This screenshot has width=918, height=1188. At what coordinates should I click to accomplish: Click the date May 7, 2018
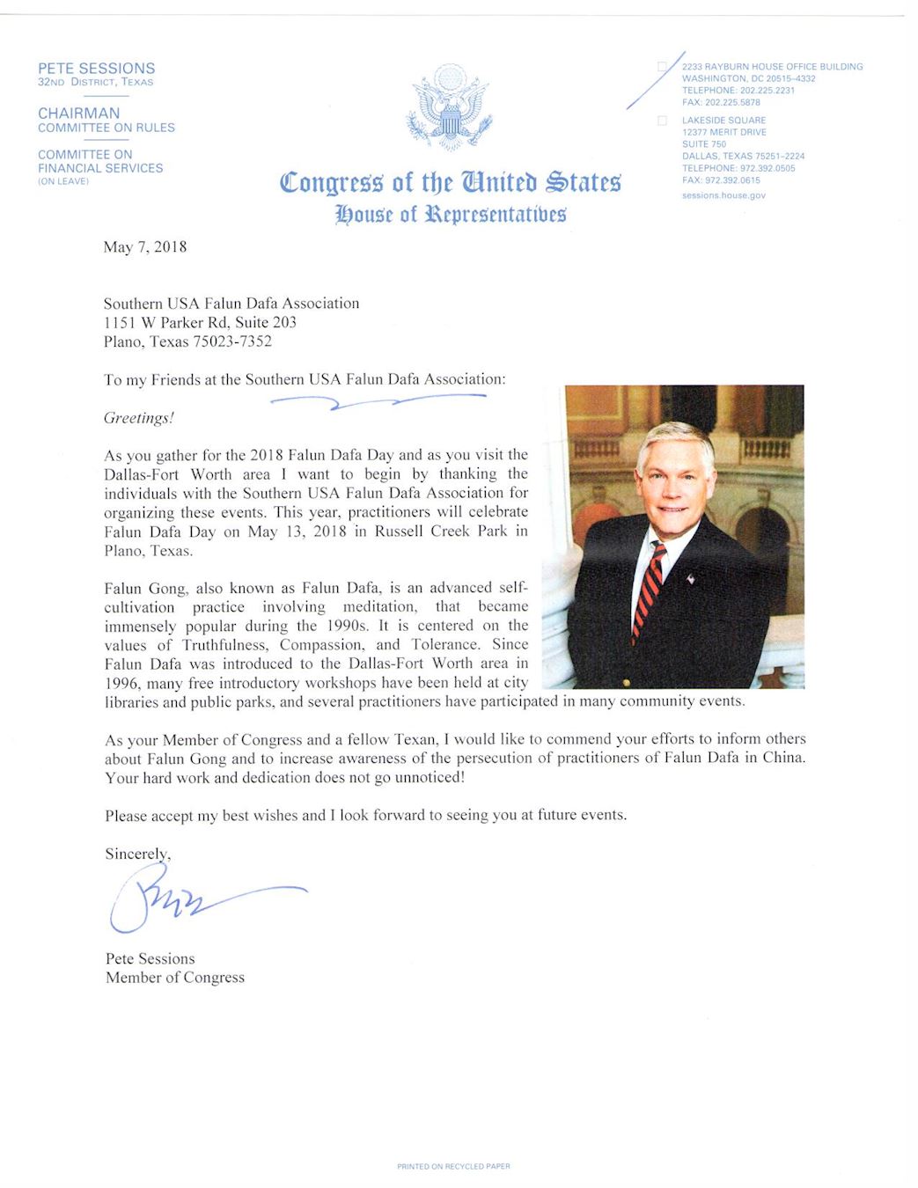point(144,247)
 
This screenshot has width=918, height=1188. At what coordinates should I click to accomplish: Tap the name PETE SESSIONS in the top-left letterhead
point(96,68)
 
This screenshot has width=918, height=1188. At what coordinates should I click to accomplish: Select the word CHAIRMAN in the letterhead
point(78,113)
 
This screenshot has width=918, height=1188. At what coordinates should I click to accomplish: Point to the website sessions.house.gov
point(723,195)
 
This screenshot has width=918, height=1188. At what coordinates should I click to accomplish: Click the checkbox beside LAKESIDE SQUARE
point(662,121)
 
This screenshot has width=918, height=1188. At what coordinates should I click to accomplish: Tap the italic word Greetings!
point(138,418)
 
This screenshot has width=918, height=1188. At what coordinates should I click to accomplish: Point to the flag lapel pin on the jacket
point(691,578)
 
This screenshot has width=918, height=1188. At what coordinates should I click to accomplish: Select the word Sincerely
point(137,854)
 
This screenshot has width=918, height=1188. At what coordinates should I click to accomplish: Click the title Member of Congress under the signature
point(175,978)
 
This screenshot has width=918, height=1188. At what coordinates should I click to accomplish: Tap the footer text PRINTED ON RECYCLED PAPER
point(453,1167)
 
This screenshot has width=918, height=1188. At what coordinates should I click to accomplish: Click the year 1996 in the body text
point(122,683)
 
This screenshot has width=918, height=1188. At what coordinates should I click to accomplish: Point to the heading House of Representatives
point(451,215)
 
